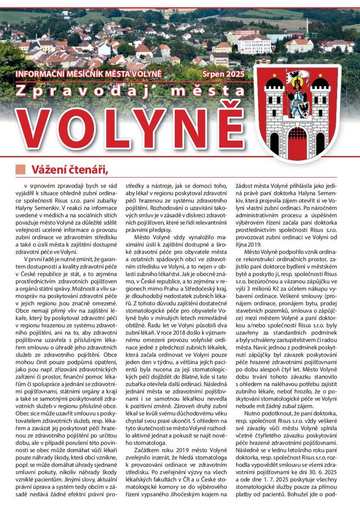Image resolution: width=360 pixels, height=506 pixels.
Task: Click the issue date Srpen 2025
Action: click(223, 74)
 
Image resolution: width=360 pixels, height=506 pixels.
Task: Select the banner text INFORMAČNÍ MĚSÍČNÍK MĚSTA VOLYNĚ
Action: click(89, 74)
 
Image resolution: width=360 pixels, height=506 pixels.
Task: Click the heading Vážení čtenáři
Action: click(70, 169)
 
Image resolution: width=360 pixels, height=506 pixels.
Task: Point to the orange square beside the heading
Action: click(21, 169)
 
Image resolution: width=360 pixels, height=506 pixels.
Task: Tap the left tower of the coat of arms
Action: click(274, 110)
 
